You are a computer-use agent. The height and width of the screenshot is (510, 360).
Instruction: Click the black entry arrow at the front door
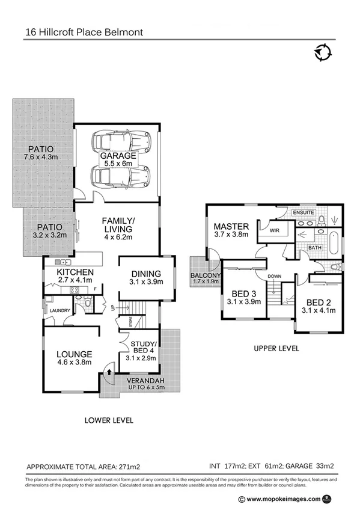(x=109, y=372)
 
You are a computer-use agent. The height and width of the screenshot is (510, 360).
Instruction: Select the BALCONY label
(x=206, y=275)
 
